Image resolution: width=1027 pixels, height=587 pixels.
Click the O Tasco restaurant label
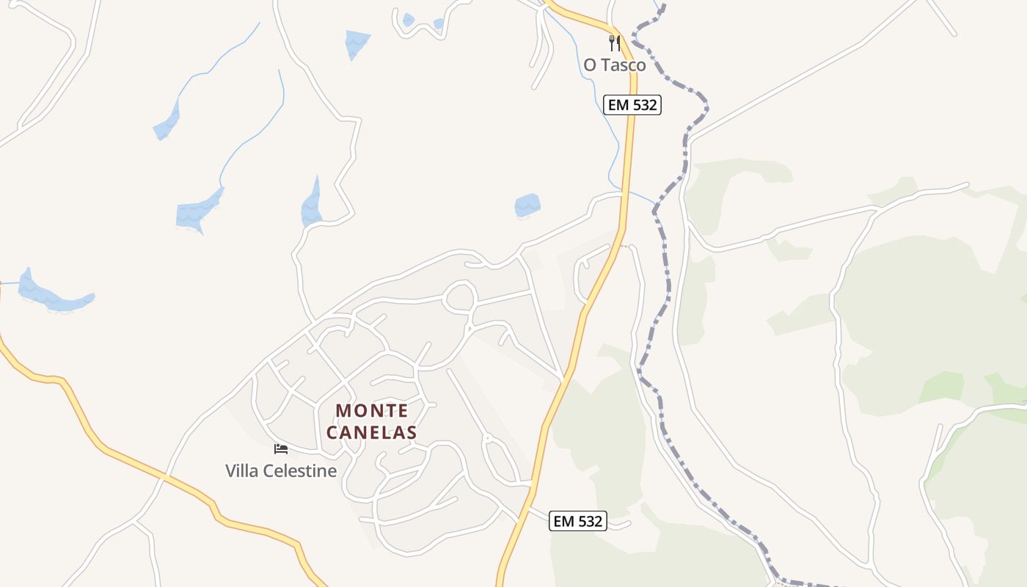tap(615, 65)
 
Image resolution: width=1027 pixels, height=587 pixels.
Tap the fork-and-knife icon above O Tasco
tap(615, 43)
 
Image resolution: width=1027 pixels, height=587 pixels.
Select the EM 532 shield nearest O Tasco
tap(632, 105)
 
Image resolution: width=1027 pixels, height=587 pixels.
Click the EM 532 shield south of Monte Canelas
tap(578, 522)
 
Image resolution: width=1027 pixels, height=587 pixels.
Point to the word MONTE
tap(372, 411)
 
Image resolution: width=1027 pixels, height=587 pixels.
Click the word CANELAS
tap(372, 433)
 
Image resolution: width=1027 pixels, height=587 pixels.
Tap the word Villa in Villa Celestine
tap(241, 471)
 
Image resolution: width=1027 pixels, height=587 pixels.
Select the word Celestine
tap(299, 471)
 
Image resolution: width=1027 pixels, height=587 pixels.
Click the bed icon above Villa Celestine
tap(280, 448)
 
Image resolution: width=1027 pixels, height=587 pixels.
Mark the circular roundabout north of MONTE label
tap(460, 296)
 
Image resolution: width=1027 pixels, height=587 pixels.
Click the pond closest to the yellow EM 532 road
tap(527, 205)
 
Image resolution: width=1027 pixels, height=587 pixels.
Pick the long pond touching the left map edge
tap(51, 293)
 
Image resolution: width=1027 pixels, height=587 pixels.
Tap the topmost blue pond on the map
tap(357, 43)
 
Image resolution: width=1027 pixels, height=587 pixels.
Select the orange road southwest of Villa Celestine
tap(147, 470)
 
